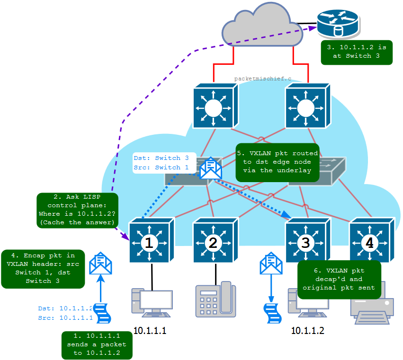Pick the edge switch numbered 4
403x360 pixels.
pyautogui.click(x=369, y=241)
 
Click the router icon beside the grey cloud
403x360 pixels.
pyautogui.click(x=338, y=26)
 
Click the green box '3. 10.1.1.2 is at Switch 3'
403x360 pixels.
pyautogui.click(x=357, y=52)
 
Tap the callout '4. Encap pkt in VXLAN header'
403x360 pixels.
pyautogui.click(x=43, y=269)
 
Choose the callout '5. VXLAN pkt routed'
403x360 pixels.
pyautogui.click(x=278, y=162)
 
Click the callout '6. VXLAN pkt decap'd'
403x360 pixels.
pyautogui.click(x=339, y=279)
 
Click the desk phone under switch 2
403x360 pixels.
pyautogui.click(x=215, y=300)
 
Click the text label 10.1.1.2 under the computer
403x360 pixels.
pyautogui.click(x=308, y=331)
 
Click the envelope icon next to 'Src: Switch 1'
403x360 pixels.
pyautogui.click(x=210, y=169)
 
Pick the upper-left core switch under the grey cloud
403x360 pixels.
pyautogui.click(x=215, y=106)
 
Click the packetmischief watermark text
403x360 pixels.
pyautogui.click(x=262, y=79)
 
